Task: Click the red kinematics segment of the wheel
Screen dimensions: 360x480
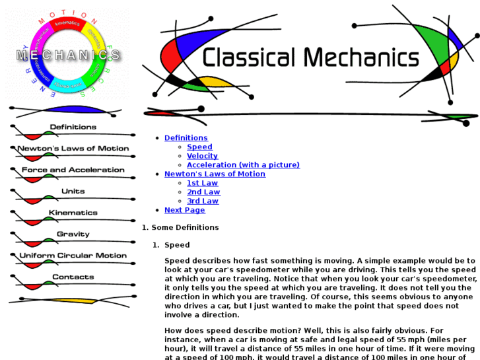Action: click(67, 26)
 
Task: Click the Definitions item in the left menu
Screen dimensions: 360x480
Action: click(73, 127)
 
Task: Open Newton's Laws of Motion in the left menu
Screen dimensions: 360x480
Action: click(73, 149)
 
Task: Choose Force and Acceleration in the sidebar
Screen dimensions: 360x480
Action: click(73, 170)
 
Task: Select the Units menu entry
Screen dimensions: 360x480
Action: click(73, 192)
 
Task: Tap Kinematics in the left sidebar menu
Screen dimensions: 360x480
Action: click(73, 213)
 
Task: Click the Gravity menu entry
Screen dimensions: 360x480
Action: click(73, 234)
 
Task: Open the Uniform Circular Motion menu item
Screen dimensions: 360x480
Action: click(73, 256)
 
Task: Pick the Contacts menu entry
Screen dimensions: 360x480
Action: click(73, 277)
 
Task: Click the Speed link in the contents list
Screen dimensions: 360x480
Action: click(199, 147)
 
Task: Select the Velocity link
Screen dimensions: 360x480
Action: click(202, 156)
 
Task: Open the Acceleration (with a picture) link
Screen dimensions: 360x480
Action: click(243, 165)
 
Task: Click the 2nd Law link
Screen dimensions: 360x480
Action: click(203, 192)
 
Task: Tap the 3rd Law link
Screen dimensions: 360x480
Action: click(203, 201)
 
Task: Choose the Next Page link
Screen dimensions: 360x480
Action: click(185, 210)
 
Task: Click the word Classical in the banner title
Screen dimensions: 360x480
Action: click(248, 57)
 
